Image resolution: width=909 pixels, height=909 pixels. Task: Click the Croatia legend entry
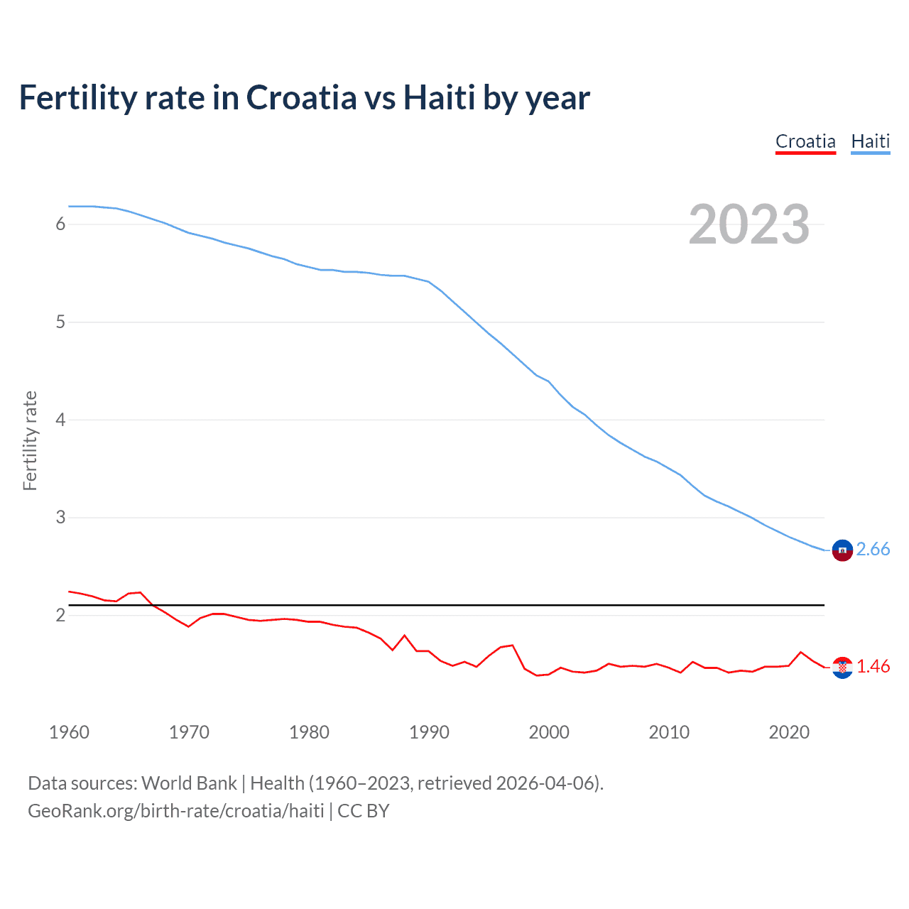coord(805,141)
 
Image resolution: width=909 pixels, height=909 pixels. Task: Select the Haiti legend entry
coord(870,141)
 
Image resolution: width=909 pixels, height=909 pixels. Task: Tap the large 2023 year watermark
coord(749,224)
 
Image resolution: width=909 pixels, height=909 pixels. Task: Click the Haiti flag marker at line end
coord(842,550)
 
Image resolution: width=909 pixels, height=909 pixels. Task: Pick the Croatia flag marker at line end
coord(842,668)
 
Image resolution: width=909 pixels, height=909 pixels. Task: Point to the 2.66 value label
coord(873,549)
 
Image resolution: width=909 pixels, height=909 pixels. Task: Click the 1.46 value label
coord(873,666)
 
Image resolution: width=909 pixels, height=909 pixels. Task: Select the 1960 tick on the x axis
coord(69,732)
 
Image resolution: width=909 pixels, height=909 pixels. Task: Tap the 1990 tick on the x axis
coord(429,732)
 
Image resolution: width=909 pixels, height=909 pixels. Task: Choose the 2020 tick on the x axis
coord(789,732)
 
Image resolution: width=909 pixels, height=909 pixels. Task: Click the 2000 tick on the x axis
coord(549,732)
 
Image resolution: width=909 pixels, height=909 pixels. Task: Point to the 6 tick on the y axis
coord(60,224)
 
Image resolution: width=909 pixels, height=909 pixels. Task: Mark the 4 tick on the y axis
coord(60,420)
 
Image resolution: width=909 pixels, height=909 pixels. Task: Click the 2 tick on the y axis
coord(60,615)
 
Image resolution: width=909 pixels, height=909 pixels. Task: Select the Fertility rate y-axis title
coord(30,440)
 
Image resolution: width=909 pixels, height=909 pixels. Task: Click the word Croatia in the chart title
coord(301,97)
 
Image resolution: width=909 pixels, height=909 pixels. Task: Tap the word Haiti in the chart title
coord(439,97)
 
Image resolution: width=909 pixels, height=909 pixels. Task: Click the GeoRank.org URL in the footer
coord(175,811)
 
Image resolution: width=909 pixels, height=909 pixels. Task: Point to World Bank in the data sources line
coord(189,783)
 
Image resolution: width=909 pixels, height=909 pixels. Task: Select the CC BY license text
coord(364,811)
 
